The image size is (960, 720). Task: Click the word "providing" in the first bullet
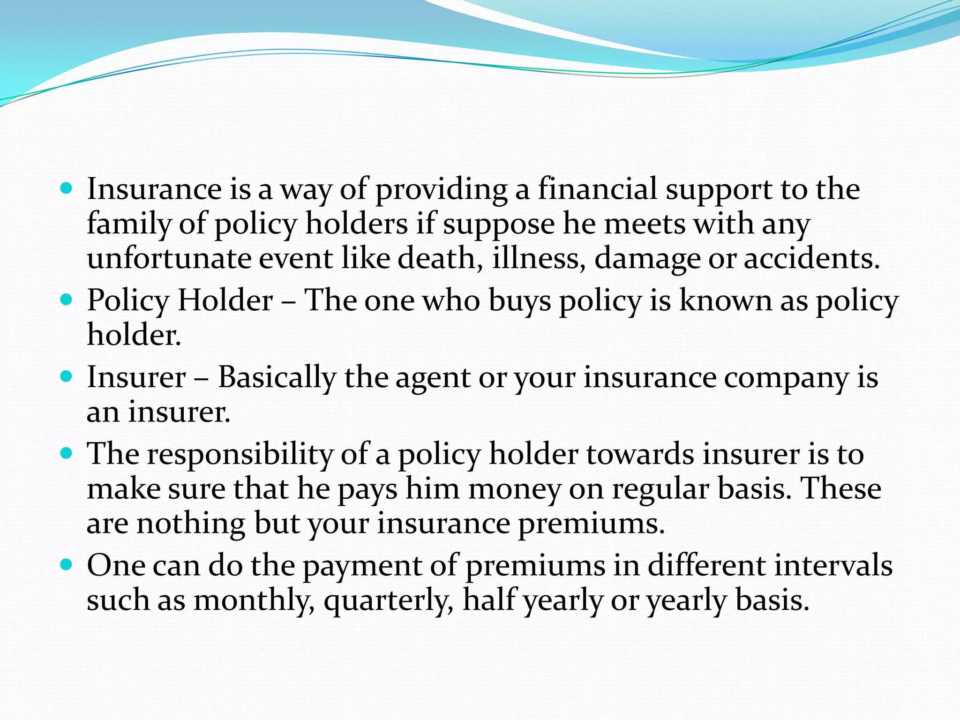(441, 190)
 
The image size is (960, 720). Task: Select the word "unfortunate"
(169, 259)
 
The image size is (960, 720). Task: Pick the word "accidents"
(812, 259)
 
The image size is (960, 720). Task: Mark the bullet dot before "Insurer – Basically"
(67, 376)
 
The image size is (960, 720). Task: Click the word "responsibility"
(240, 455)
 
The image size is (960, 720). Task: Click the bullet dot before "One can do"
(67, 564)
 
